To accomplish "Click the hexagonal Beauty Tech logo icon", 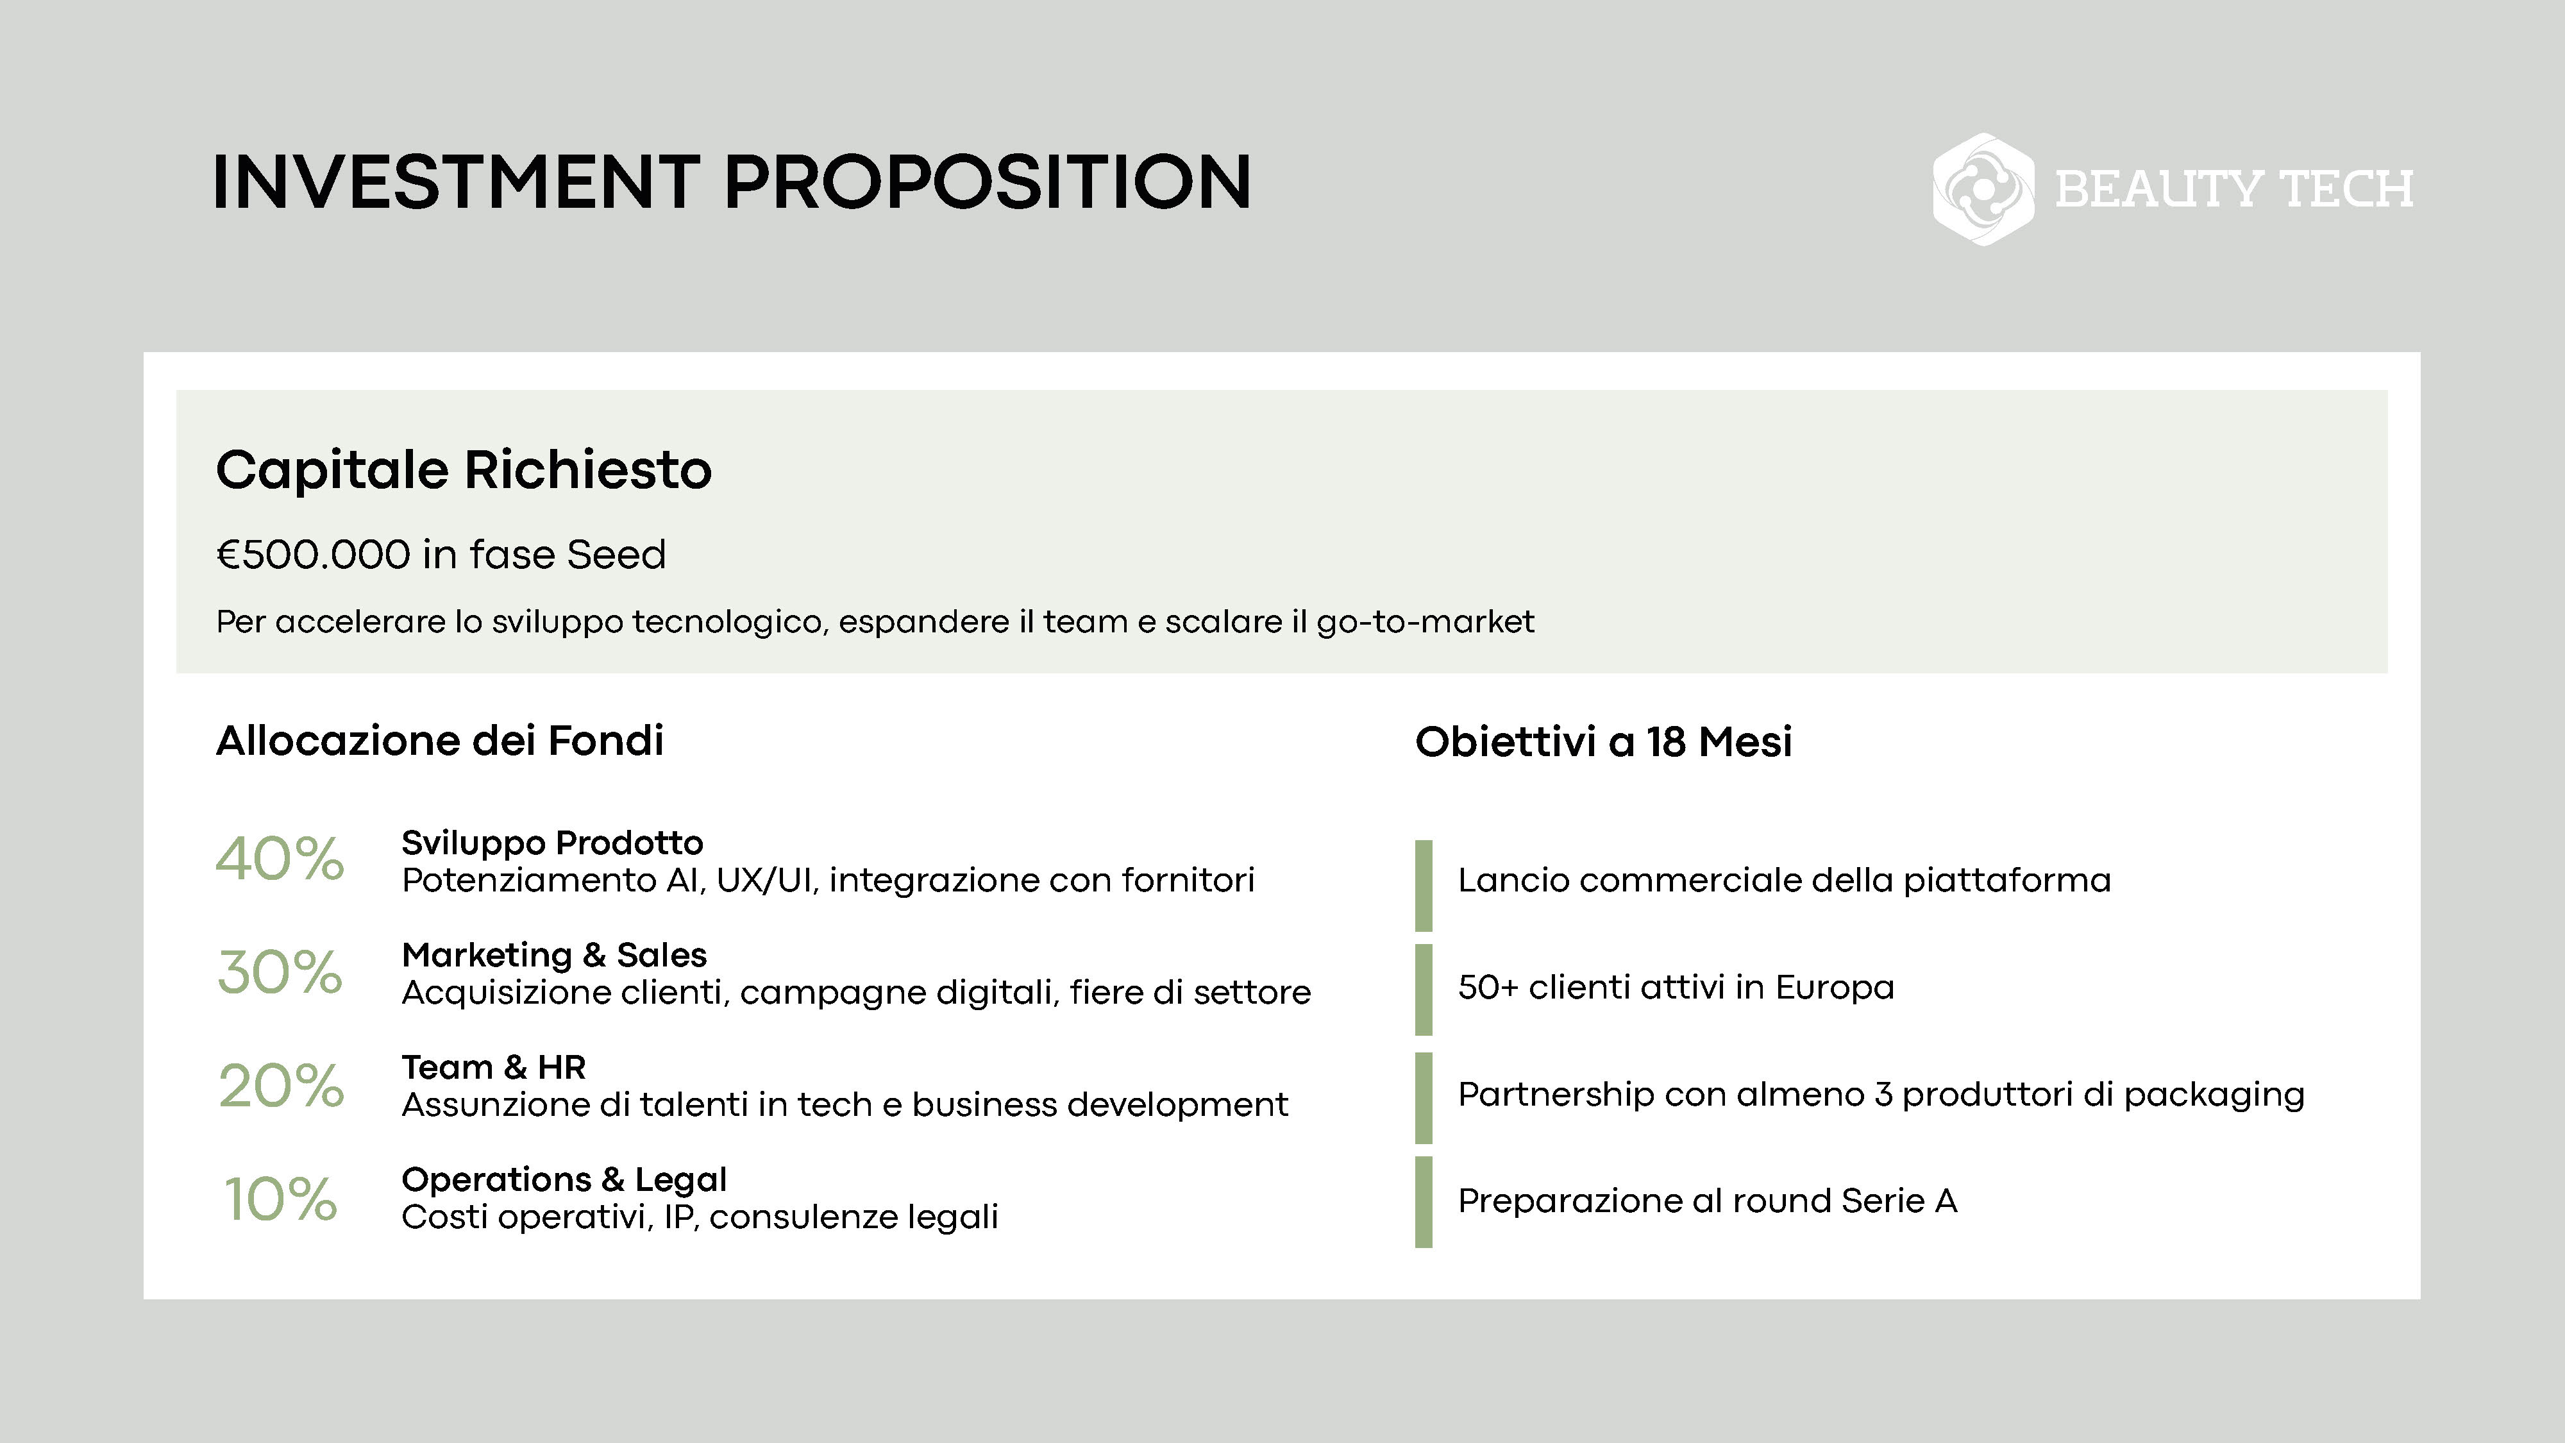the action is click(x=1983, y=189).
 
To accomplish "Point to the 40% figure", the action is click(x=280, y=859).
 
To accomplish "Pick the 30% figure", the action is click(x=280, y=972).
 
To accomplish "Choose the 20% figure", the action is click(x=281, y=1086).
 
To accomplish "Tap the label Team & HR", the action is click(x=494, y=1068).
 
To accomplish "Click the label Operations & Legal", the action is click(x=564, y=1180).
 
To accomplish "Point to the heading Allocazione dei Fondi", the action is click(x=440, y=741).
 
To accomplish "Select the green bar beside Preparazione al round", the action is click(x=1424, y=1202).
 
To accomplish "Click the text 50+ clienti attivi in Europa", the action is click(x=1676, y=987).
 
